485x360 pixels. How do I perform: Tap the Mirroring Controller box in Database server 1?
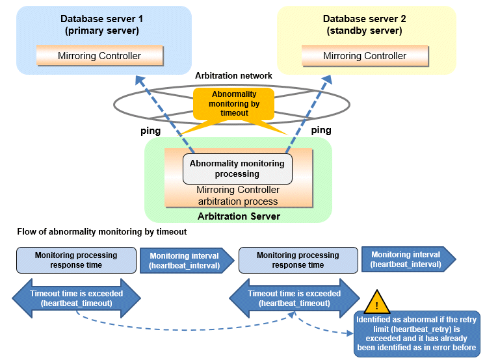(x=99, y=56)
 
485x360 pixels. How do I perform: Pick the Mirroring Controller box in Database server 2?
(x=364, y=56)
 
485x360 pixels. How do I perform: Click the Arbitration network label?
(x=233, y=76)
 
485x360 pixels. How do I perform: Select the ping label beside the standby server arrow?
(x=321, y=131)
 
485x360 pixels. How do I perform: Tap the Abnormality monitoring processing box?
(x=237, y=169)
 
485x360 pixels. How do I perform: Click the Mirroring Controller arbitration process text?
(x=237, y=196)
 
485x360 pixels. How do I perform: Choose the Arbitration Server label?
(x=237, y=216)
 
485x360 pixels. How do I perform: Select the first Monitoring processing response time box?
(x=76, y=260)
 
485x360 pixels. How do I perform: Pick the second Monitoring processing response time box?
(x=298, y=260)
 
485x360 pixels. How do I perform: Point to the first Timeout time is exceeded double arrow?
(x=76, y=298)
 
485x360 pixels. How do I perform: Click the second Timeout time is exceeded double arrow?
(x=294, y=298)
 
